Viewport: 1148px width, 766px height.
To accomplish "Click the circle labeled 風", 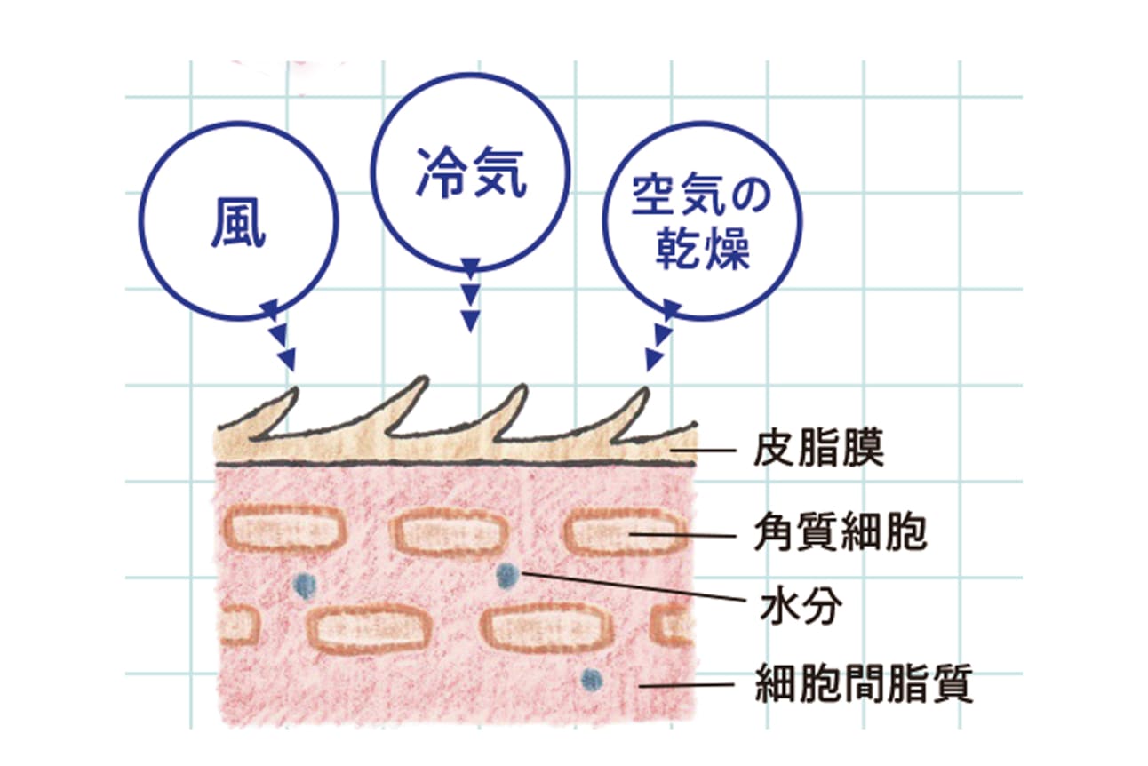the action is click(238, 221).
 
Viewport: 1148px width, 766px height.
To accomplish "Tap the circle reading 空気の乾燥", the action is click(702, 221).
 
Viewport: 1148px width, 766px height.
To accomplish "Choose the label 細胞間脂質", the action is click(864, 687).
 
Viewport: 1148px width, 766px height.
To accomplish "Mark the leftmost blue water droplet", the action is click(305, 583).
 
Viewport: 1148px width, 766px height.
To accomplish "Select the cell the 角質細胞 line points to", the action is click(626, 533).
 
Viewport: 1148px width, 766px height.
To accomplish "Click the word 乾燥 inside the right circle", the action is click(703, 250).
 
